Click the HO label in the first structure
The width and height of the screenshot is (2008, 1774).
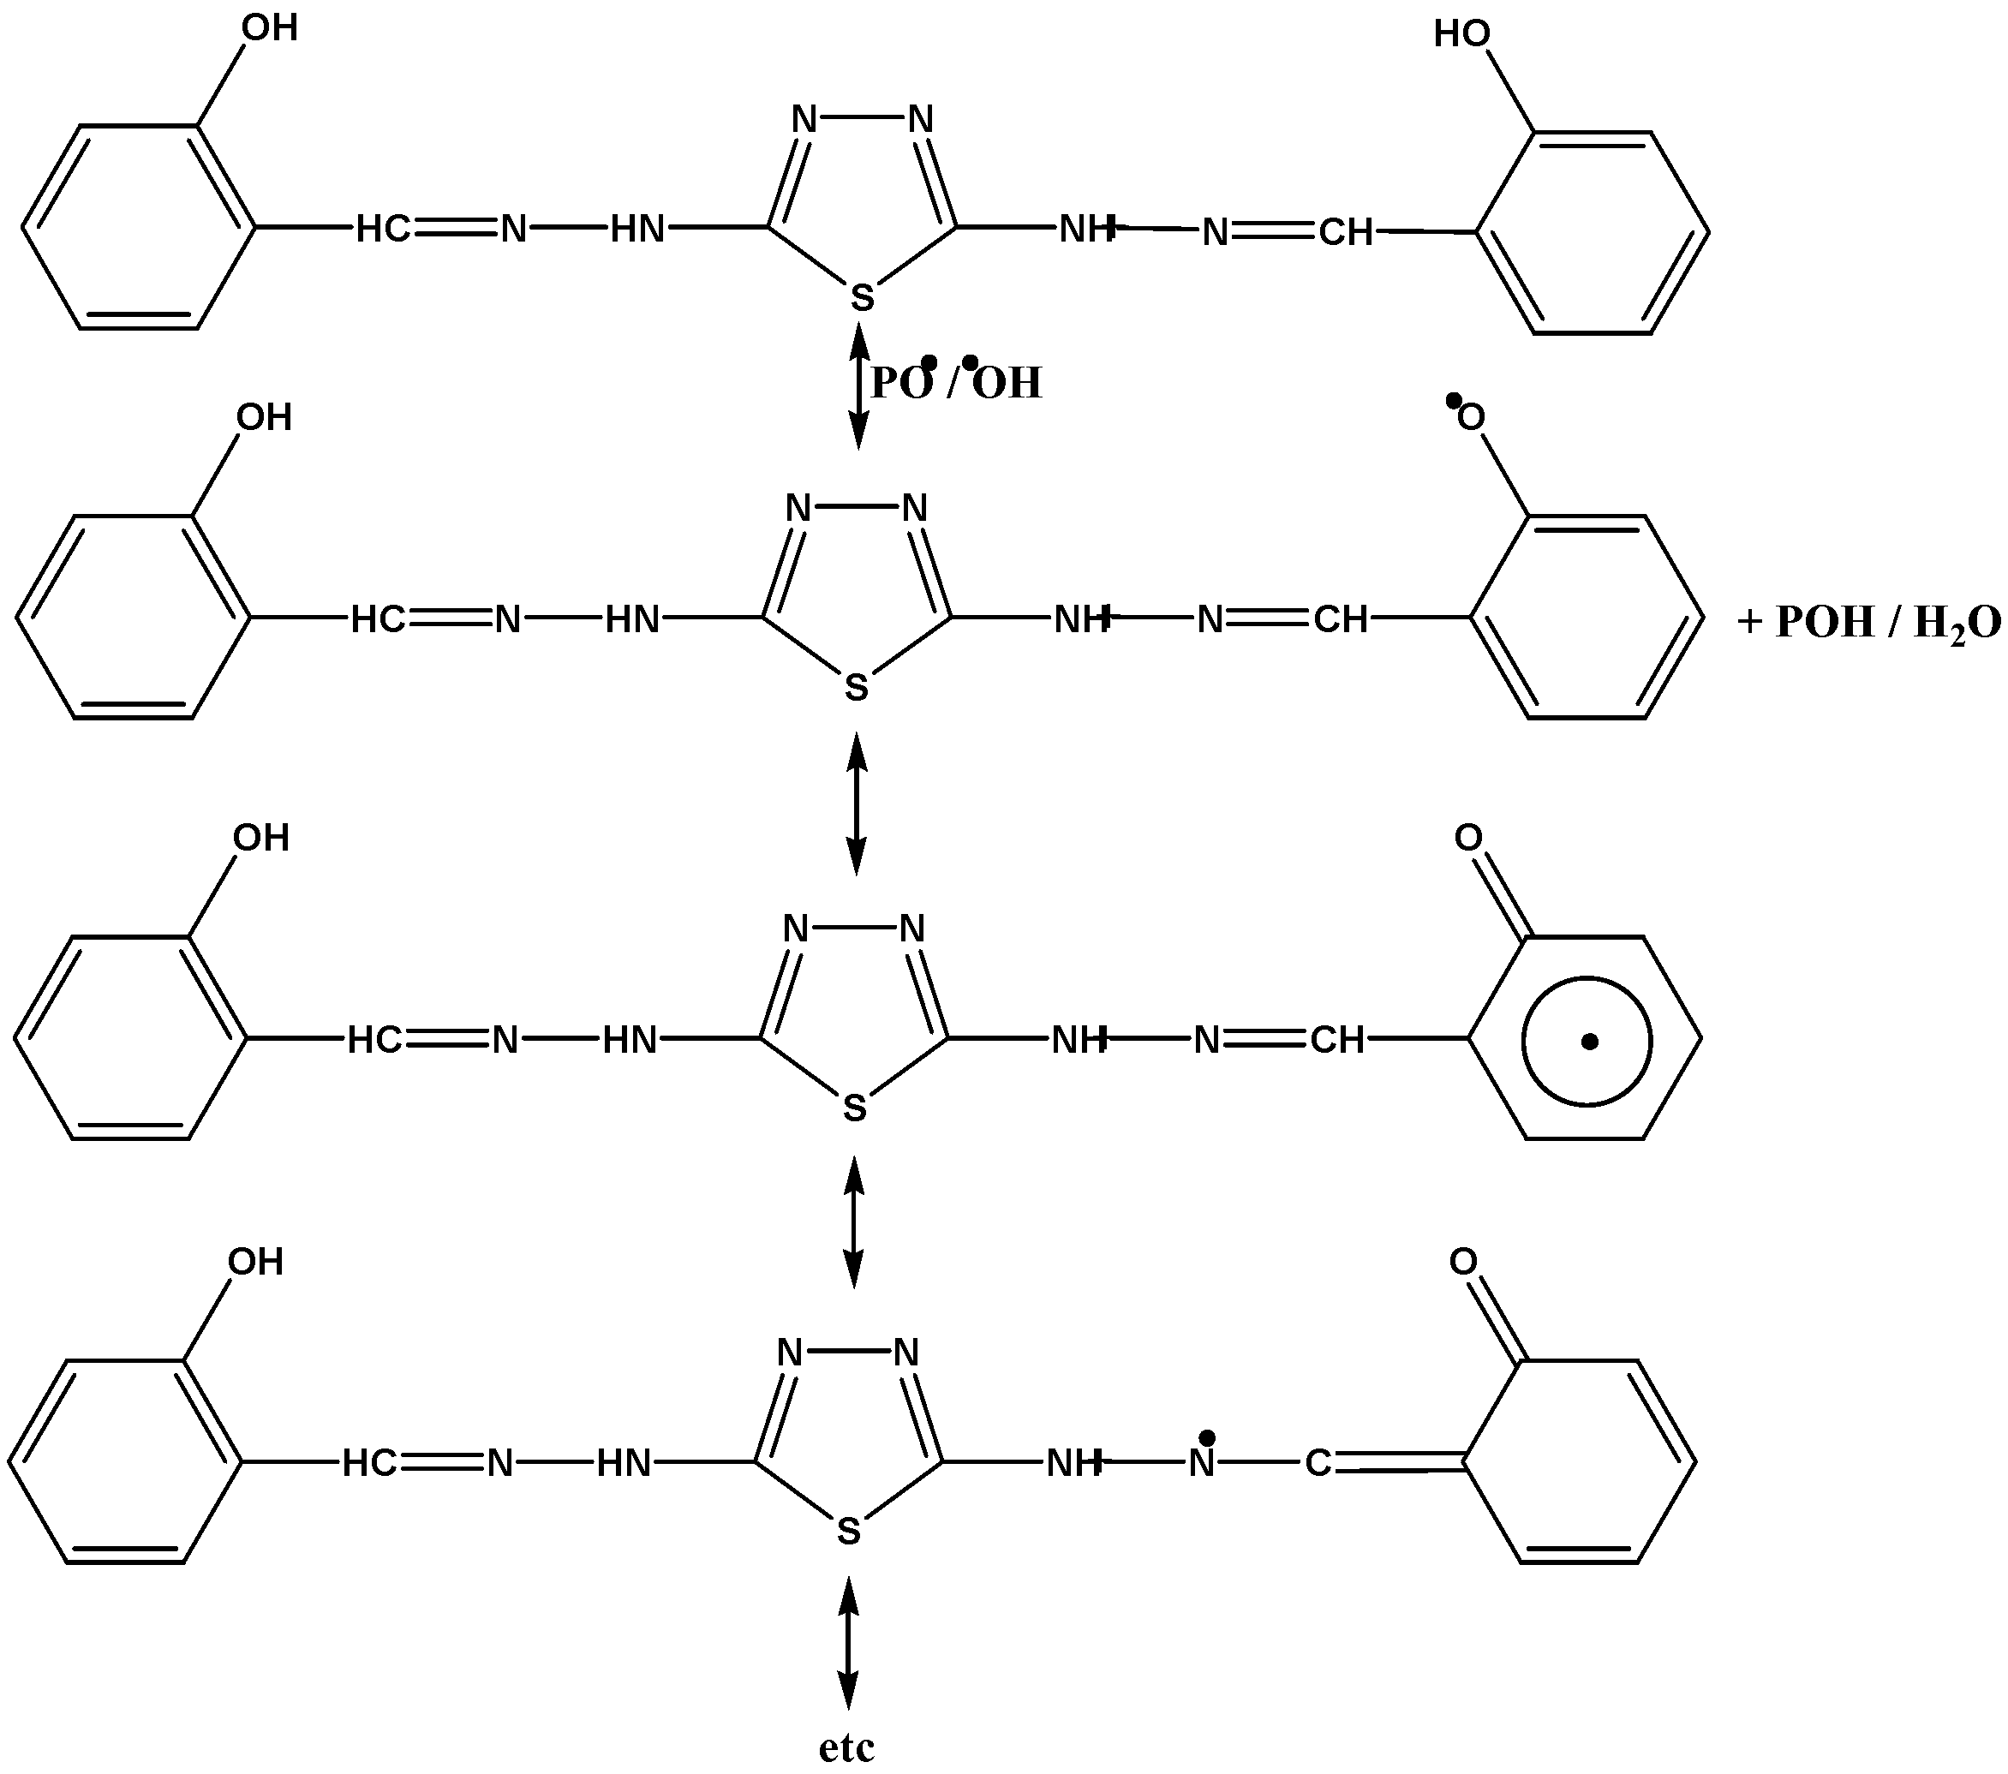pyautogui.click(x=1461, y=34)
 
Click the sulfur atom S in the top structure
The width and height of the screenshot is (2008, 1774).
pyautogui.click(x=862, y=296)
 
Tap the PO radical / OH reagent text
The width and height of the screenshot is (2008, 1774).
pyautogui.click(x=955, y=381)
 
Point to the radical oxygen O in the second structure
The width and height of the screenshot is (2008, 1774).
pyautogui.click(x=1471, y=417)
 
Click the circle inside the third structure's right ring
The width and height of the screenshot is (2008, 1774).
pyautogui.click(x=1587, y=1042)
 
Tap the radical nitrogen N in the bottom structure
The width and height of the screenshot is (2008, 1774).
pyautogui.click(x=1202, y=1464)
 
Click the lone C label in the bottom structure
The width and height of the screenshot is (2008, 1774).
pyautogui.click(x=1318, y=1464)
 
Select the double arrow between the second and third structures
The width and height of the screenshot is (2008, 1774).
pyautogui.click(x=857, y=803)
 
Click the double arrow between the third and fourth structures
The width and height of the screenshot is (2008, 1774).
pyautogui.click(x=854, y=1222)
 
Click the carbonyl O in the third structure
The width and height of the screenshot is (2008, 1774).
pyautogui.click(x=1467, y=838)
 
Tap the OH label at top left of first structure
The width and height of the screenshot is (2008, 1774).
pyautogui.click(x=269, y=28)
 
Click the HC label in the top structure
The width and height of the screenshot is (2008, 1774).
pyautogui.click(x=382, y=230)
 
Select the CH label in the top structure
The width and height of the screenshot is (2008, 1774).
pyautogui.click(x=1345, y=233)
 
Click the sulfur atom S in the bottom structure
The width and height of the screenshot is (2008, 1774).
pyautogui.click(x=849, y=1531)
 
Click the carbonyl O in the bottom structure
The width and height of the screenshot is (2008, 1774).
pyautogui.click(x=1463, y=1261)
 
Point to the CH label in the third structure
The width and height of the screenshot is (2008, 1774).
pyautogui.click(x=1337, y=1040)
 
